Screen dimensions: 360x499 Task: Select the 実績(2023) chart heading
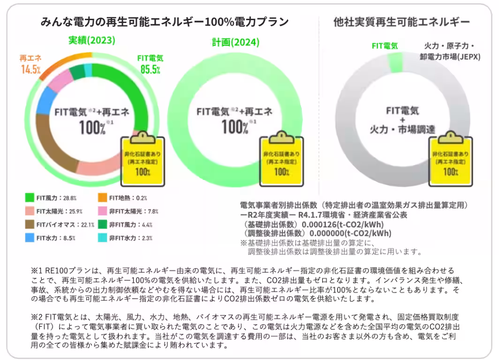point(91,40)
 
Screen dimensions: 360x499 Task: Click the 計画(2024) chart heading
point(235,42)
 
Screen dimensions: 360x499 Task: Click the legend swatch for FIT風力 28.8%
point(29,198)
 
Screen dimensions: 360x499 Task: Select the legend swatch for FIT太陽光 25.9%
point(29,211)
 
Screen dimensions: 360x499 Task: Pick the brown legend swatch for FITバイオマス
point(29,225)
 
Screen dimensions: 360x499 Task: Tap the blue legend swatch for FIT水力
point(29,238)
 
